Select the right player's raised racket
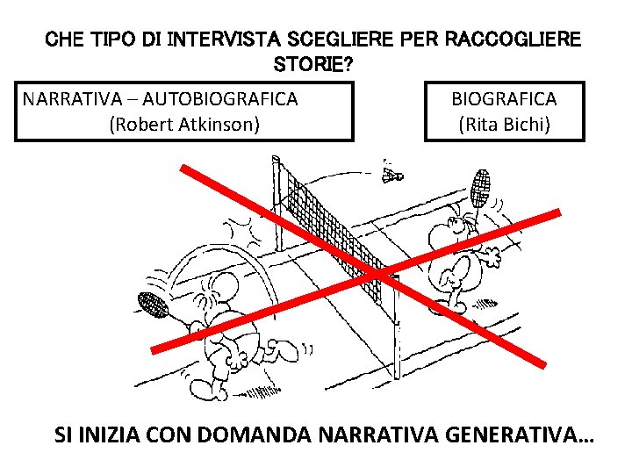pyautogui.click(x=480, y=186)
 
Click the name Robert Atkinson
pyautogui.click(x=184, y=124)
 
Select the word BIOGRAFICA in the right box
pyautogui.click(x=504, y=98)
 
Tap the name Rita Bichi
pyautogui.click(x=504, y=124)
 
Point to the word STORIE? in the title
pyautogui.click(x=316, y=64)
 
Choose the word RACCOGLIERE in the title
pyautogui.click(x=513, y=39)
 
